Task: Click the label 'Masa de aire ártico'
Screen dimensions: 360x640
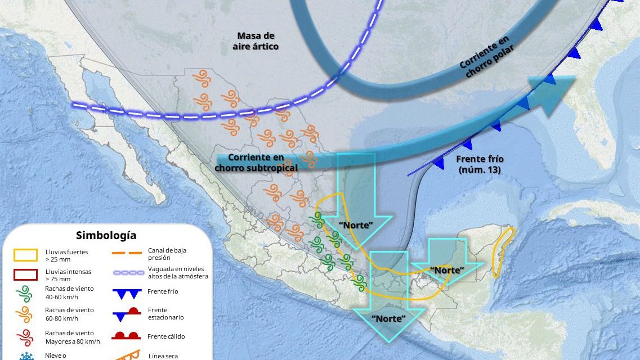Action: [255, 41]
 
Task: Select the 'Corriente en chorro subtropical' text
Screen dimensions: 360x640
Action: [256, 163]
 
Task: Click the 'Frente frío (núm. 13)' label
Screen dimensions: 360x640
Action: [480, 164]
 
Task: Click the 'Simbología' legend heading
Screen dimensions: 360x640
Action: [106, 235]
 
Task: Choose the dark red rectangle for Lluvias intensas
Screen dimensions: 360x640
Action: [26, 275]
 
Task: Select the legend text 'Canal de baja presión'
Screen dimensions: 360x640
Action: [167, 253]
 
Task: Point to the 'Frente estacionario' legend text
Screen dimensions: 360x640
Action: [166, 313]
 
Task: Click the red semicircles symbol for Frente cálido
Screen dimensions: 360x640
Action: [126, 336]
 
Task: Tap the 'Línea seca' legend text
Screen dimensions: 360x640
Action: [163, 355]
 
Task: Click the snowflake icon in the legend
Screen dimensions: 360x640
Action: [25, 355]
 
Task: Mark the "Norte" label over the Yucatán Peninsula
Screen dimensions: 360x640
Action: [447, 270]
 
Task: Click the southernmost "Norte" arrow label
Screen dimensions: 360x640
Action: [388, 318]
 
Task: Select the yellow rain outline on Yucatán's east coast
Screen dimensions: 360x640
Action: [502, 250]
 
